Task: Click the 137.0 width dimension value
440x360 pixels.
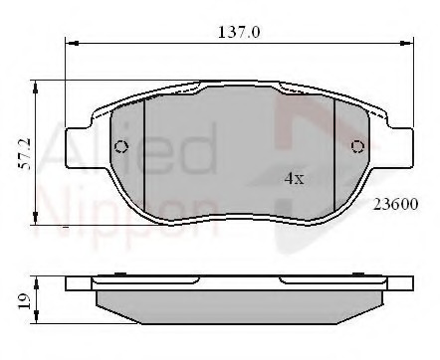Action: point(238,32)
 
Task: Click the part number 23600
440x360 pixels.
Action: point(395,205)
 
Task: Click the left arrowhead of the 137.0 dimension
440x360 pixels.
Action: point(70,43)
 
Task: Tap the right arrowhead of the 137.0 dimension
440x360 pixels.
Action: point(410,43)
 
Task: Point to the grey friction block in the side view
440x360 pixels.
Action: point(239,299)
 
